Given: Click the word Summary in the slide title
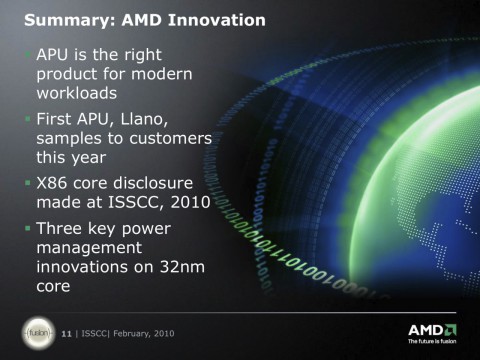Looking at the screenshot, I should pyautogui.click(x=62, y=20).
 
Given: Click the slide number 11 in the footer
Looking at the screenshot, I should pyautogui.click(x=66, y=331).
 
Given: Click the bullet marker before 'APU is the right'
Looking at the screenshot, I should pyautogui.click(x=28, y=50).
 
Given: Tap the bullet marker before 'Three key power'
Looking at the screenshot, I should pyautogui.click(x=28, y=231).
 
